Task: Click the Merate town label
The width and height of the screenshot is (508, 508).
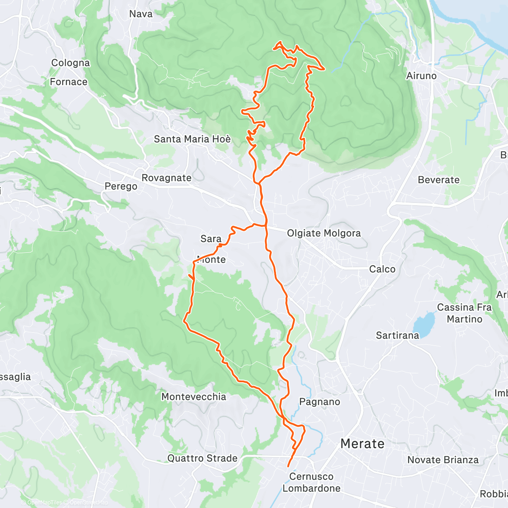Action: tap(362, 444)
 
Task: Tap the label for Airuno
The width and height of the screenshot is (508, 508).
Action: tap(421, 76)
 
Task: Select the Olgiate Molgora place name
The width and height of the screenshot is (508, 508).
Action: tap(324, 233)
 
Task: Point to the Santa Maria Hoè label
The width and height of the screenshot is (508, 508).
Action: tap(192, 139)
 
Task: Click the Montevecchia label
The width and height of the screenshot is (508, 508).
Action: tap(193, 397)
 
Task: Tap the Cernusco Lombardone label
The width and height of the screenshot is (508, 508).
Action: tap(311, 482)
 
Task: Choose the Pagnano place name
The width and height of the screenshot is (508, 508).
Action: tap(320, 402)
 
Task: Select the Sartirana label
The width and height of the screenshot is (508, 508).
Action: tap(397, 335)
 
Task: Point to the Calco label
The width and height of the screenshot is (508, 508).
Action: tap(382, 269)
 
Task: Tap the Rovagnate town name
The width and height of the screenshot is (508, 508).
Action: tap(166, 178)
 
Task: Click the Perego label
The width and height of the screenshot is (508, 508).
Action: tap(121, 186)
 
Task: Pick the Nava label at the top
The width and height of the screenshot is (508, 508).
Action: tap(141, 14)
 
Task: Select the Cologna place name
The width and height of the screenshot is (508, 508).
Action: tap(70, 63)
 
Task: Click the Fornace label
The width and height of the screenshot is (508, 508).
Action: tap(69, 82)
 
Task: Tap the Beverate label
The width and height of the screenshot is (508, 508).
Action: tap(439, 180)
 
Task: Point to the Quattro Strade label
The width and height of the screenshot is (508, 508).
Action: tap(202, 458)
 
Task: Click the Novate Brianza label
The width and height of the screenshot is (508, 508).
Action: tap(443, 460)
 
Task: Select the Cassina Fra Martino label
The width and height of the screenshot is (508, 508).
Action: tap(464, 313)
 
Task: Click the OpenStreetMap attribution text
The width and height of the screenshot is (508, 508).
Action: tap(88, 502)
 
